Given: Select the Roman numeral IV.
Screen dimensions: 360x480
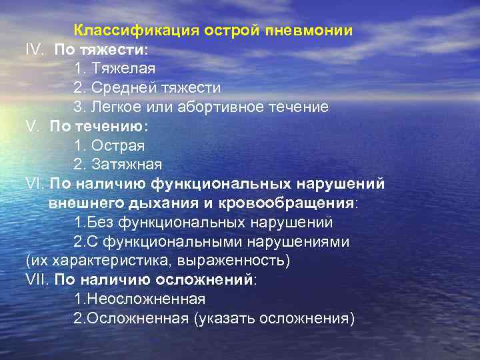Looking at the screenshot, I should pyautogui.click(x=35, y=50).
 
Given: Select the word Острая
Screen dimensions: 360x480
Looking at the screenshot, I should pyautogui.click(x=118, y=145).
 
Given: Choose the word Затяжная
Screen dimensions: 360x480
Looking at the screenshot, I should pyautogui.click(x=127, y=164).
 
